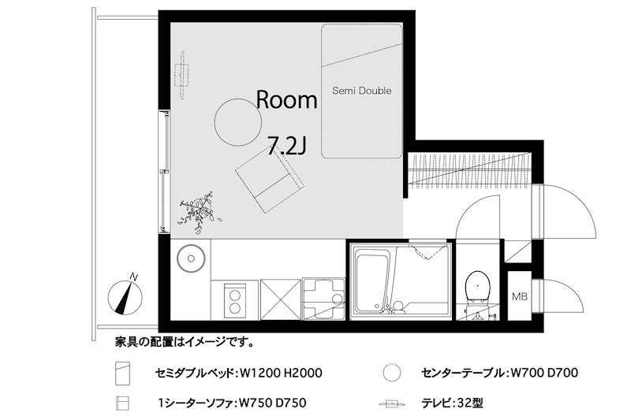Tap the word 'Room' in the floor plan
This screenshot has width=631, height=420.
pyautogui.click(x=287, y=100)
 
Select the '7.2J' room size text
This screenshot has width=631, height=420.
pyautogui.click(x=287, y=145)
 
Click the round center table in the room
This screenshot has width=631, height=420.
pyautogui.click(x=238, y=121)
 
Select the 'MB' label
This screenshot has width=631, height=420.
pyautogui.click(x=519, y=297)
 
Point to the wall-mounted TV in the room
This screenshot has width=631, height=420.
pyautogui.click(x=183, y=72)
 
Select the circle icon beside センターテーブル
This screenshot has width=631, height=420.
pyautogui.click(x=390, y=372)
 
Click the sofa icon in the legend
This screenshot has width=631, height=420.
pyautogui.click(x=121, y=403)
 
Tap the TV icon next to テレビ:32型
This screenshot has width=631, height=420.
pyautogui.click(x=390, y=403)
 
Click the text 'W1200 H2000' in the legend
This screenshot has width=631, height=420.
pyautogui.click(x=282, y=372)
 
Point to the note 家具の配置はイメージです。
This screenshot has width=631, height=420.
pyautogui.click(x=184, y=343)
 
